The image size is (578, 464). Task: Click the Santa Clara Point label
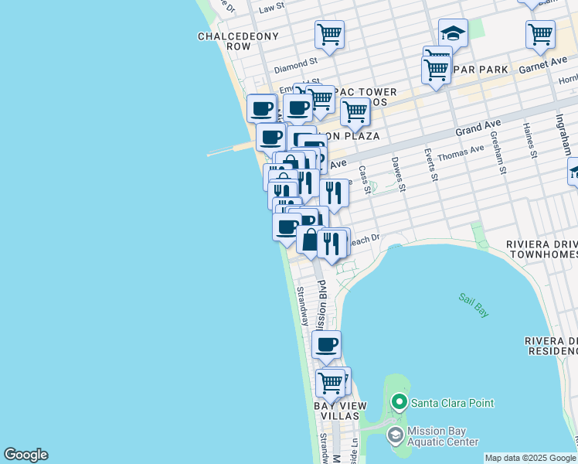click(x=452, y=403)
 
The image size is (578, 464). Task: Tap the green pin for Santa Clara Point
click(x=399, y=402)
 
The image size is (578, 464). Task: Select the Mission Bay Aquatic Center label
click(x=444, y=436)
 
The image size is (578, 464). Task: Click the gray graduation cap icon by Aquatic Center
click(x=396, y=435)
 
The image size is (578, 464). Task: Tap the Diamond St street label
click(x=296, y=60)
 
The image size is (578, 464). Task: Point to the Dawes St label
click(x=397, y=173)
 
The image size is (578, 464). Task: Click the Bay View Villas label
click(x=335, y=411)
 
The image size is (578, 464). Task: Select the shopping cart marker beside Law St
click(x=329, y=35)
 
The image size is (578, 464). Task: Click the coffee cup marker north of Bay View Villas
click(x=327, y=344)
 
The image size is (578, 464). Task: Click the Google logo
click(x=25, y=455)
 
